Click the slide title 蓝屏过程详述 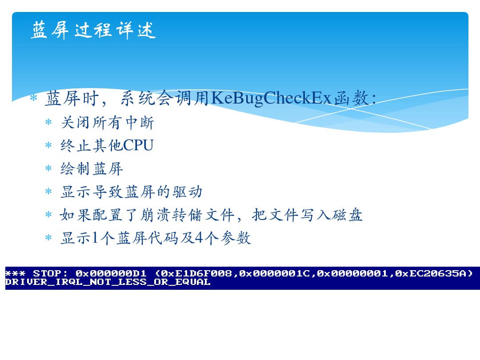[93, 30]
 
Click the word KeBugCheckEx [271, 98]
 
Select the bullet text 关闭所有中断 [107, 123]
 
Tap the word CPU [138, 145]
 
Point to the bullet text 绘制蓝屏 [92, 169]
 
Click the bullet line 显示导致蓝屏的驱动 [131, 192]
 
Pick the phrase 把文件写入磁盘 [308, 215]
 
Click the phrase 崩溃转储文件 [188, 215]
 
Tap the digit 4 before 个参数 [199, 238]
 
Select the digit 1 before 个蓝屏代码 [95, 238]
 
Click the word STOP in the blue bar [47, 273]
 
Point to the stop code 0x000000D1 [111, 273]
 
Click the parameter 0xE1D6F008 [196, 273]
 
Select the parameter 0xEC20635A [430, 273]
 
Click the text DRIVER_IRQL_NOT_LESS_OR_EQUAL [108, 282]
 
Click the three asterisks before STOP [15, 273]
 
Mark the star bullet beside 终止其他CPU [48, 145]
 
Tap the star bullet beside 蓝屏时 [33, 98]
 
